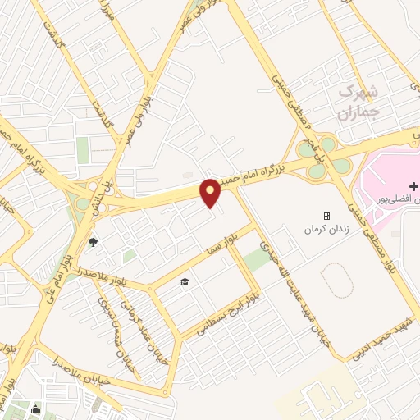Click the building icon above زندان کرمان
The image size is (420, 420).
click(326, 216)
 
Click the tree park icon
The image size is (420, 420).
click(92, 242)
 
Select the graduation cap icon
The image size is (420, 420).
click(185, 281)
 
